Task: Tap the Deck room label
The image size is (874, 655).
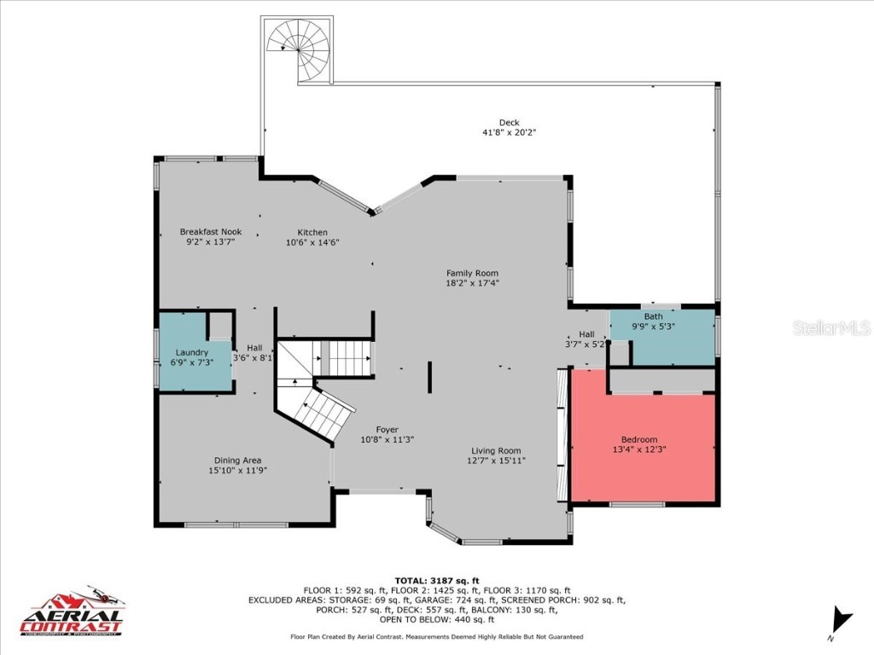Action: click(509, 123)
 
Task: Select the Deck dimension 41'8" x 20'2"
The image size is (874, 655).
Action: click(509, 133)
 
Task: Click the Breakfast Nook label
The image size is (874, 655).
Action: click(210, 232)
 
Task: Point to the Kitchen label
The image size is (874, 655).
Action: click(312, 232)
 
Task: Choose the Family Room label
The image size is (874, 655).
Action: click(472, 273)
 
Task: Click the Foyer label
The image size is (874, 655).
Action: click(387, 430)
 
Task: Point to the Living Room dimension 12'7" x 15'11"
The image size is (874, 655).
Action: click(496, 461)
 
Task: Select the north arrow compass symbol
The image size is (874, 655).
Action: click(842, 621)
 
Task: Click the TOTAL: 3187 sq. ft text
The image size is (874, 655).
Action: click(436, 580)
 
